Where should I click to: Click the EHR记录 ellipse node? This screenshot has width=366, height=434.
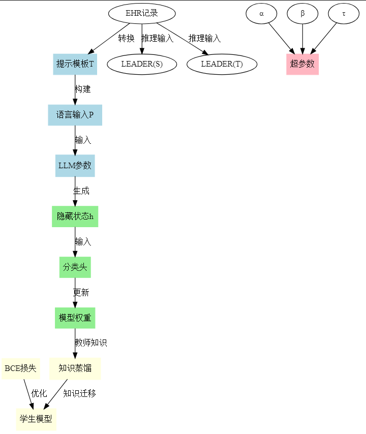click(142, 13)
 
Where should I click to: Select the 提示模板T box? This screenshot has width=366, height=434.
click(75, 64)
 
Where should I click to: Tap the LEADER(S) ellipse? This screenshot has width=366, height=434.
click(142, 64)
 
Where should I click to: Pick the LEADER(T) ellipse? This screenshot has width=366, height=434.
click(222, 64)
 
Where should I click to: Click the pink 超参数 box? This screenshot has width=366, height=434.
click(302, 64)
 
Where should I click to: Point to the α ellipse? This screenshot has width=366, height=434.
click(261, 13)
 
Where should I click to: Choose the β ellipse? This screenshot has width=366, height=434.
click(302, 13)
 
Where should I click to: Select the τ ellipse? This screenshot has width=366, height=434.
click(344, 13)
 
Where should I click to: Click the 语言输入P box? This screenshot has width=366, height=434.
click(75, 115)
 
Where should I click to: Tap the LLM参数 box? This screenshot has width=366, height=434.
click(75, 166)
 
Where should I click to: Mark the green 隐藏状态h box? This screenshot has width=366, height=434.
click(75, 216)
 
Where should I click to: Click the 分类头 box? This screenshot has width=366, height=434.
click(75, 267)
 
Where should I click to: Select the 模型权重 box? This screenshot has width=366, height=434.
click(75, 318)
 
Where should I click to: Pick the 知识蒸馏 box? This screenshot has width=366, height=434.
click(75, 369)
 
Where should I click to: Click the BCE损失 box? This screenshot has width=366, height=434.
click(21, 369)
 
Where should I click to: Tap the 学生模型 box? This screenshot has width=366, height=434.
click(36, 420)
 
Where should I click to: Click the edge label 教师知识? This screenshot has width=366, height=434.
click(91, 343)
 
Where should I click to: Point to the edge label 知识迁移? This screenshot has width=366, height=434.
click(80, 393)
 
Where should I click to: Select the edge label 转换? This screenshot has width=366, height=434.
click(127, 39)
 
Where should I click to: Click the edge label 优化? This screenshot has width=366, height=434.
click(39, 393)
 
